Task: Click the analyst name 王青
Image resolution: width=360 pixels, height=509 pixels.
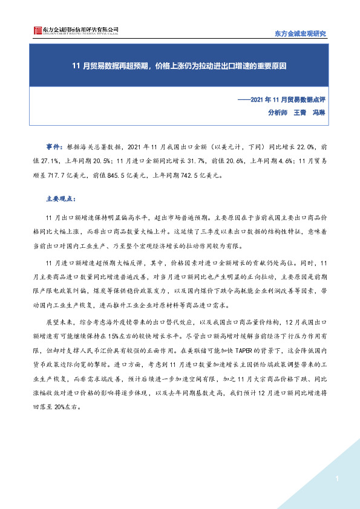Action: click(x=300, y=112)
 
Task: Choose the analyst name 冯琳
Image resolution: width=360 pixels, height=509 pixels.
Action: click(x=318, y=112)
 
